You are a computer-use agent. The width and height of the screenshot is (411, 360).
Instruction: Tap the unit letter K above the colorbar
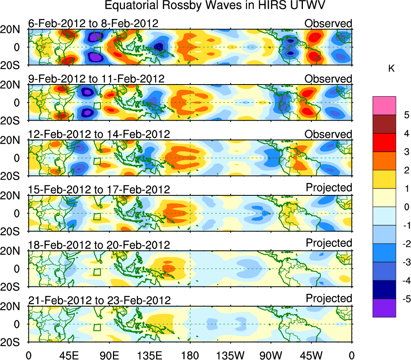392,69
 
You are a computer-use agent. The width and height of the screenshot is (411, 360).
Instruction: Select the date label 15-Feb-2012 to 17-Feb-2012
99,189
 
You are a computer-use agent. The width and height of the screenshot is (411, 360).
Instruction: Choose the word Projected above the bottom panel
329,299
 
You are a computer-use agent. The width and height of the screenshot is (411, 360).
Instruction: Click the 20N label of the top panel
13,30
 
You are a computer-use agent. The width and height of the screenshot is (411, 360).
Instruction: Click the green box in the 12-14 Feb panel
97,161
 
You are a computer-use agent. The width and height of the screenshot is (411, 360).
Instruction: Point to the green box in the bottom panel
97,327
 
